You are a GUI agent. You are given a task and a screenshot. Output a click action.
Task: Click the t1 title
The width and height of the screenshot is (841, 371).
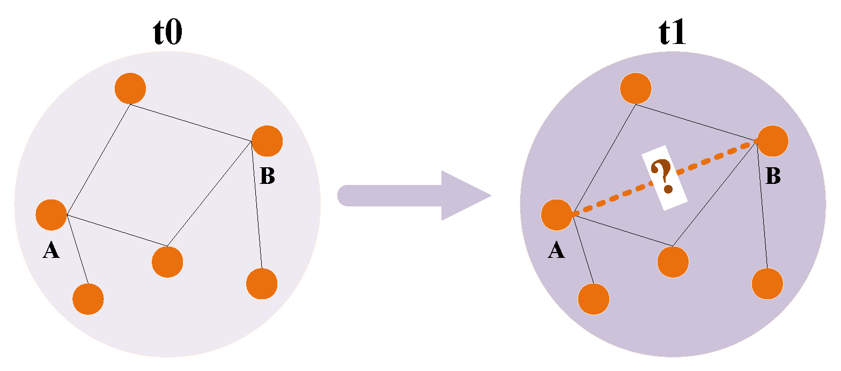coord(672,33)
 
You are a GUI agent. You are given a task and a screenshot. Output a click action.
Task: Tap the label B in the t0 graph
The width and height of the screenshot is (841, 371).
coord(267,176)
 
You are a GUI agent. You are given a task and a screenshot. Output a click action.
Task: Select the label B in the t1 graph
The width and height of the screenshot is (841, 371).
coord(773,176)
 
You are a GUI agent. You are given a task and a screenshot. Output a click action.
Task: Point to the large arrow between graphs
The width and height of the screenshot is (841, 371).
coord(413,195)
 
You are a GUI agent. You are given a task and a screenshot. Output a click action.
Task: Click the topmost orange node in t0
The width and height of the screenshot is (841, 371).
coord(130,88)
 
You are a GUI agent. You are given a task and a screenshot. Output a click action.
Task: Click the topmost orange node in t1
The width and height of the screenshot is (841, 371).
coord(636,88)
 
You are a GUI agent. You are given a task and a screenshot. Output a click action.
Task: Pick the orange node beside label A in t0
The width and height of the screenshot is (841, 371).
coord(51,214)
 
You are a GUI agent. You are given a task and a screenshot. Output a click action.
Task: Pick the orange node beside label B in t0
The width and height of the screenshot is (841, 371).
coord(267,140)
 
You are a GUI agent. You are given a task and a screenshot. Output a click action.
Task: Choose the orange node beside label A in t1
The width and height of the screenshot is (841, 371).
coord(557,214)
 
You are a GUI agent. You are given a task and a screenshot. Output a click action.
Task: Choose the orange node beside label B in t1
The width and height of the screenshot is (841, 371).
coord(773,140)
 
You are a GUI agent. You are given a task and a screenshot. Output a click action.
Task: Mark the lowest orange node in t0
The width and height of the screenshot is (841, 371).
coord(88,299)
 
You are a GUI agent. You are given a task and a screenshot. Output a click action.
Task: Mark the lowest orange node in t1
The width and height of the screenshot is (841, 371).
coord(594,299)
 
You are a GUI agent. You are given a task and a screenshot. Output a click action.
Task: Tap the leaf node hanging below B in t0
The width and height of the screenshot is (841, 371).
coord(262,284)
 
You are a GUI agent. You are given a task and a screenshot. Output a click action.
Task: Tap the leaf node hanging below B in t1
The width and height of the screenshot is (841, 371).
coord(768,284)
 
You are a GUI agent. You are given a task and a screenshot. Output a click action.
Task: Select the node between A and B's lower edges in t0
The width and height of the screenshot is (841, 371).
coord(167,262)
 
